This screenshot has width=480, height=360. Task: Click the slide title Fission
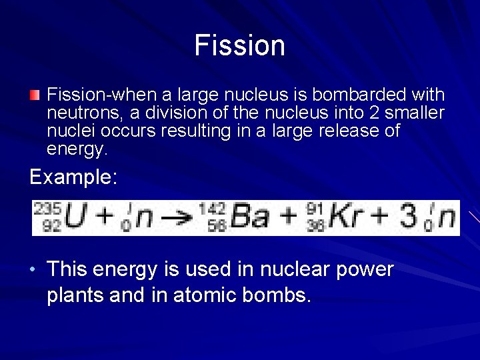(240, 45)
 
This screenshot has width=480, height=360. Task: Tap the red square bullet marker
(35, 95)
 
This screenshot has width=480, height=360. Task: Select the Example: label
(74, 177)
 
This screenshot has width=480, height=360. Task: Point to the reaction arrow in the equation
(176, 219)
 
